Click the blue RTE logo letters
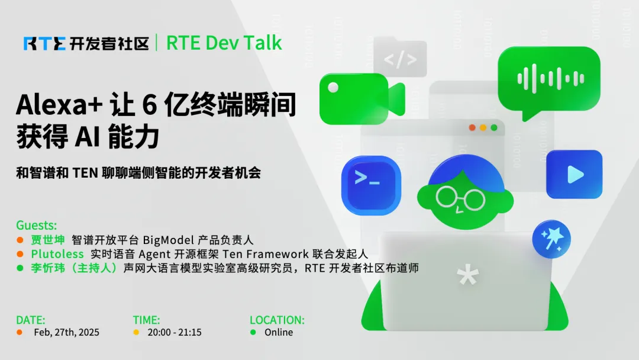click(44, 44)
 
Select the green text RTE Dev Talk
click(224, 43)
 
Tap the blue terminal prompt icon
click(371, 185)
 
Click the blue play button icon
click(574, 175)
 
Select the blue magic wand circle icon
click(551, 239)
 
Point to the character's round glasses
click(460, 198)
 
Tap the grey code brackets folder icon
click(400, 57)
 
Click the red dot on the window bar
click(472, 128)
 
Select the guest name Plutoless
click(57, 254)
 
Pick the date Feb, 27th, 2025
click(66, 332)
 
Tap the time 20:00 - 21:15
click(175, 332)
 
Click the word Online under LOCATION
click(279, 332)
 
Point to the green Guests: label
click(36, 225)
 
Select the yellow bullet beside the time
click(136, 332)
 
